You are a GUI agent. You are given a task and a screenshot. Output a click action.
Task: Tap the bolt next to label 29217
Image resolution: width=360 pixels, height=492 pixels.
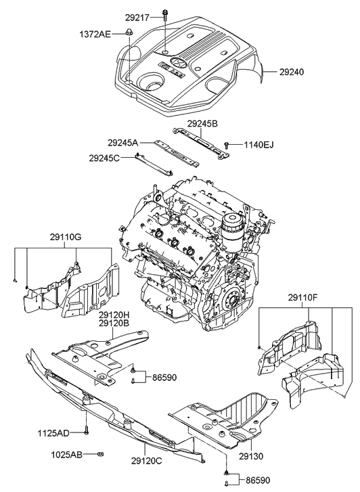[x=164, y=14]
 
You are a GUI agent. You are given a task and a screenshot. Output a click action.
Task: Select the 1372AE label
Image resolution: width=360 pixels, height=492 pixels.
[x=95, y=32]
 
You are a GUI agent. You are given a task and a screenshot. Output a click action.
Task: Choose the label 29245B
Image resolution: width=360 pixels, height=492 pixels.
[x=202, y=123]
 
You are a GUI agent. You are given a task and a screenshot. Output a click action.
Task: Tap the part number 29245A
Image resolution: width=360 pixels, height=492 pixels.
[x=122, y=143]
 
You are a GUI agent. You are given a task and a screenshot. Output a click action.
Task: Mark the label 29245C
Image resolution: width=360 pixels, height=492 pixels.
[x=104, y=158]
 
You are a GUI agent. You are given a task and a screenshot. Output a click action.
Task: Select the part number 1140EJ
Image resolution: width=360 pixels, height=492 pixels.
[x=259, y=145]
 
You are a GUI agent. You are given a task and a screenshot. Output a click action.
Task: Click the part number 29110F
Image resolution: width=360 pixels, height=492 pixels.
[x=303, y=296]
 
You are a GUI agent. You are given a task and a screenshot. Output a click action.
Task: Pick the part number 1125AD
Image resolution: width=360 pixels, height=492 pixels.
[x=53, y=432]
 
